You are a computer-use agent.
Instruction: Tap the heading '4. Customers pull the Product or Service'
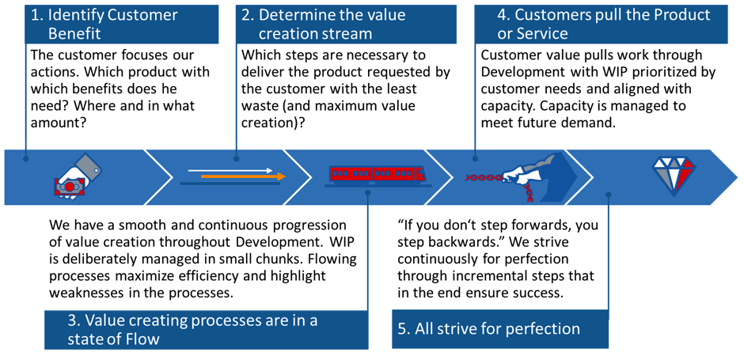tap(601, 24)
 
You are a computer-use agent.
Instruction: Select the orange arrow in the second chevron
tap(237, 177)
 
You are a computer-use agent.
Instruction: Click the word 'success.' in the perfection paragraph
tap(541, 292)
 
